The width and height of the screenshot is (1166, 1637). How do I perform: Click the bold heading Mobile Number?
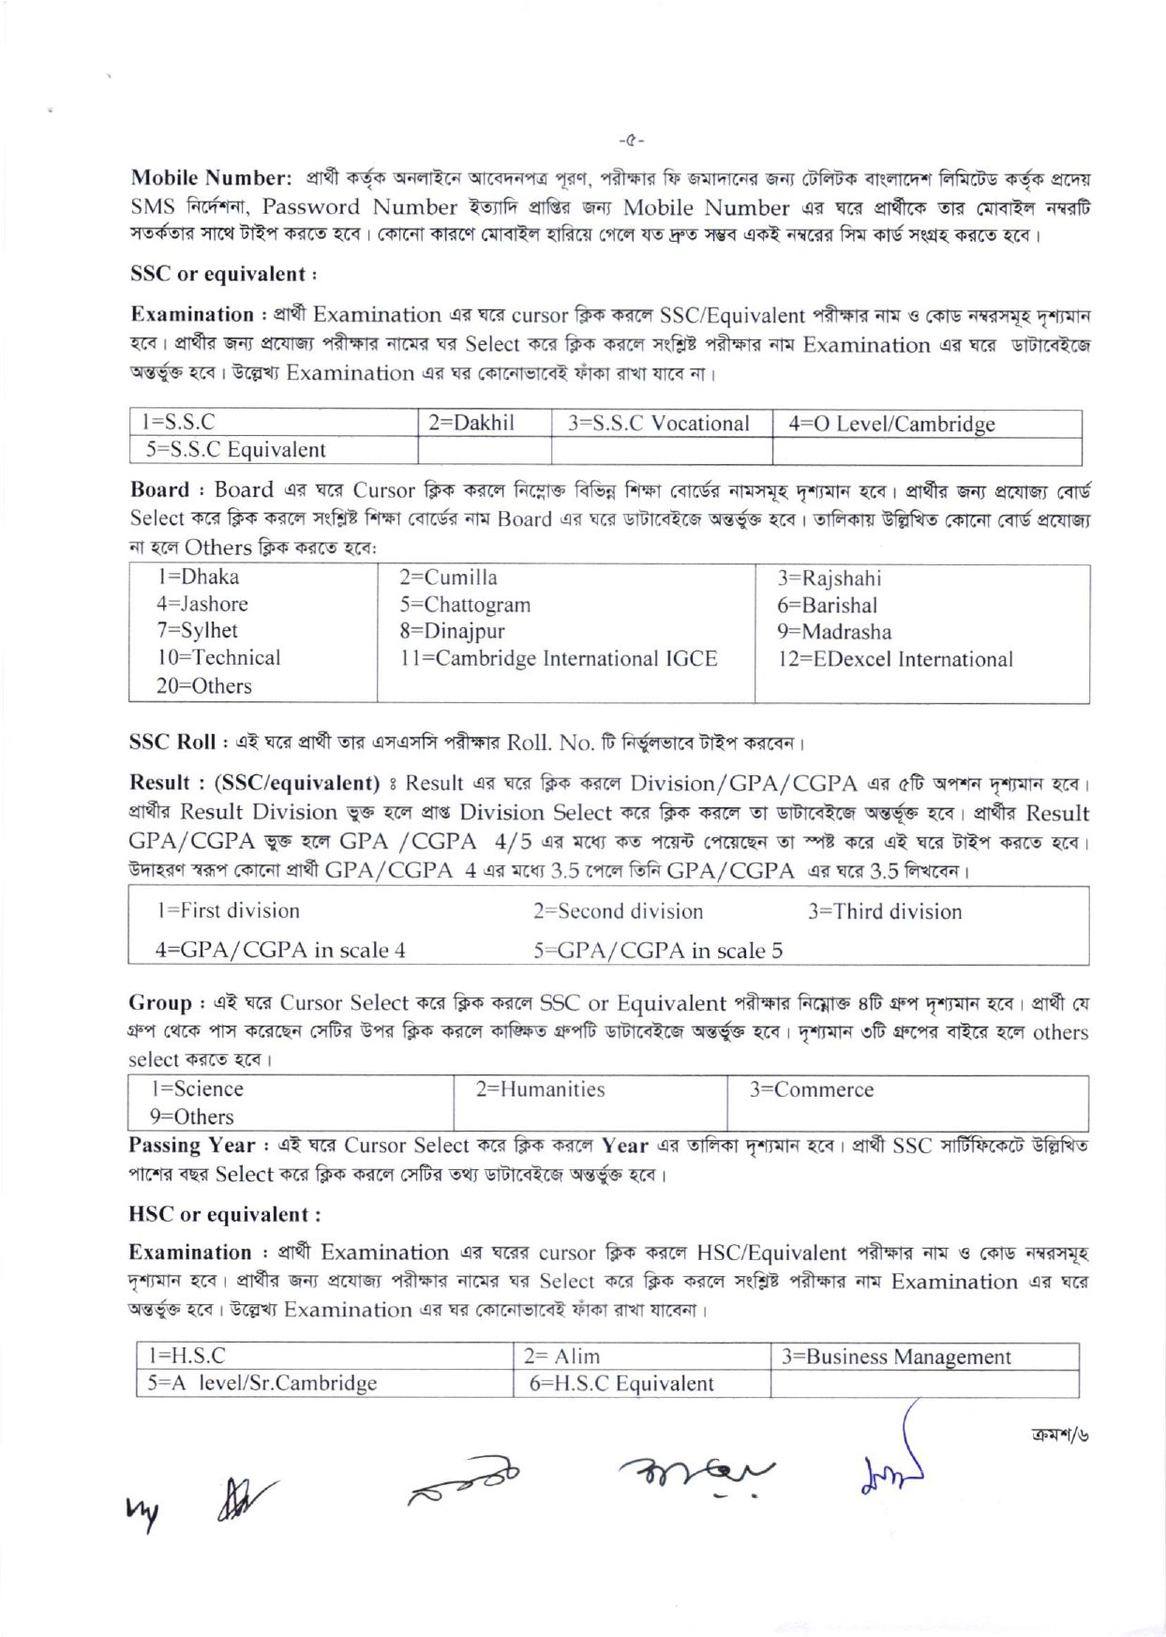coord(212,178)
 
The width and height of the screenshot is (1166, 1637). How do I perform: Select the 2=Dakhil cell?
coord(471,423)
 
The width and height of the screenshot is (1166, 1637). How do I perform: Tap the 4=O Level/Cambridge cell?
coord(891,424)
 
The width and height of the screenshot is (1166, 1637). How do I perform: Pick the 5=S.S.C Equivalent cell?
coord(235,450)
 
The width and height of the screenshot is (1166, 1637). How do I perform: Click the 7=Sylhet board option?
coord(197,630)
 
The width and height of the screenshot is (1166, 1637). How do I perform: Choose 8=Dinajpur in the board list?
coord(452,631)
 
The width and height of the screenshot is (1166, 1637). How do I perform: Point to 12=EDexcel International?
coord(895,659)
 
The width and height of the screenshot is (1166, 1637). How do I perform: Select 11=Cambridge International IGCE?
coord(559,658)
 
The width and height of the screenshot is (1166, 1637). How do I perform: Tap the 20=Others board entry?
coord(204,686)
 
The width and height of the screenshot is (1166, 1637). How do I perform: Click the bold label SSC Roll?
coord(172,743)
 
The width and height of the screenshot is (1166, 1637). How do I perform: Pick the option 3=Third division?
coord(885,911)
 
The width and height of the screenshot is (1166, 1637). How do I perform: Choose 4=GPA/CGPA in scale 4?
coord(280,950)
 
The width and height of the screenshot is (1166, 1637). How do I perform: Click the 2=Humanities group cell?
coord(540,1089)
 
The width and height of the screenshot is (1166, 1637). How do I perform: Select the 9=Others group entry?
coord(192,1117)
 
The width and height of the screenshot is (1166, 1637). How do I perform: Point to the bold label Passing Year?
coord(191,1146)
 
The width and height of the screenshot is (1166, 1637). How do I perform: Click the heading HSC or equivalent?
coord(224,1215)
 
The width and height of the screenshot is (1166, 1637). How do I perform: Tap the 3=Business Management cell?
coord(896,1357)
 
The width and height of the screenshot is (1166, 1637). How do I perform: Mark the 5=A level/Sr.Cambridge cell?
coord(262,1383)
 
